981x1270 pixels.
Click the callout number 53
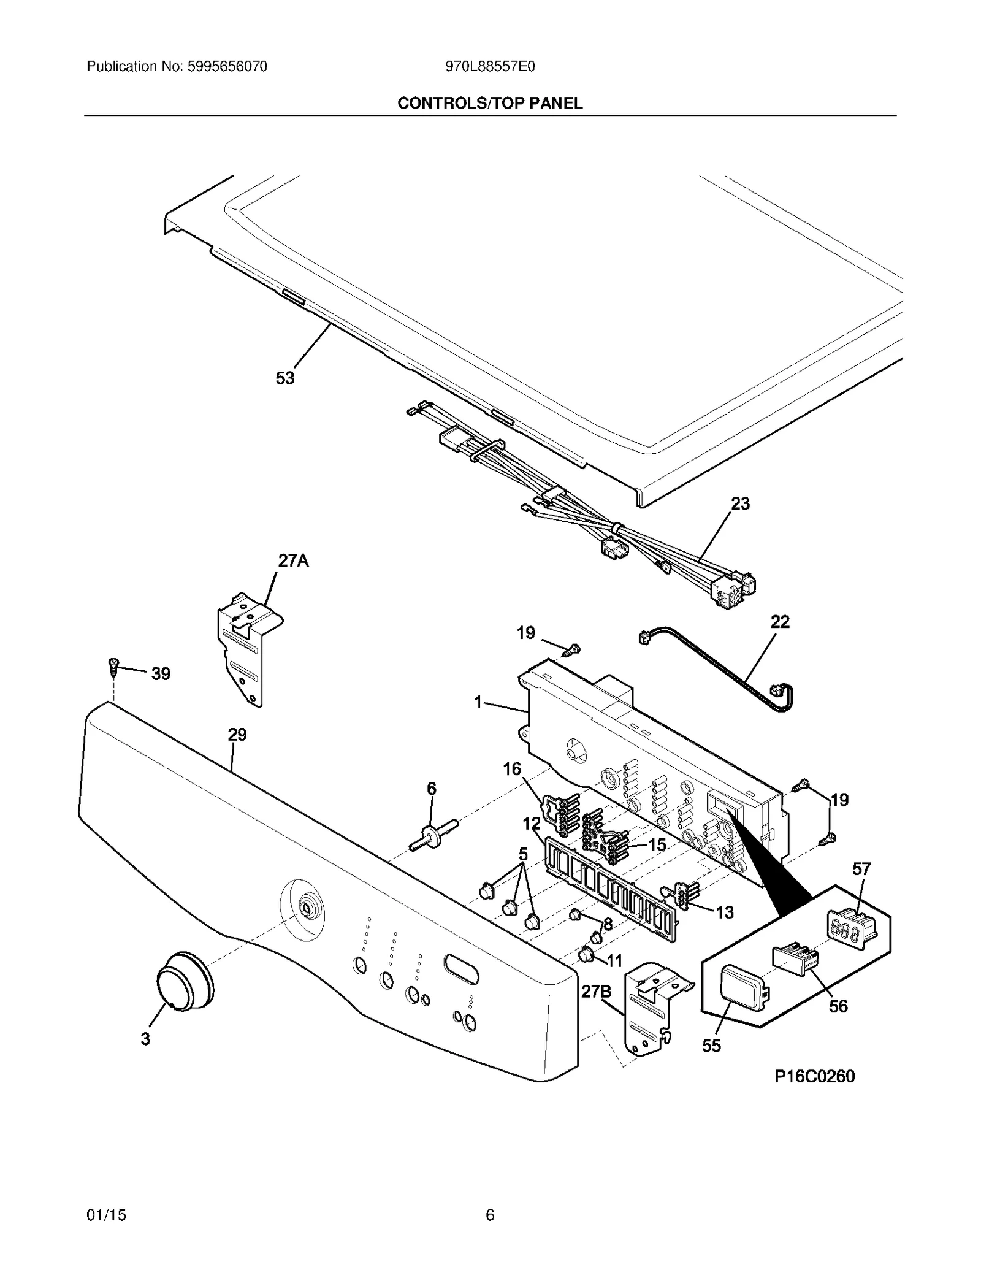click(284, 378)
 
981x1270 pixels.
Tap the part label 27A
click(293, 560)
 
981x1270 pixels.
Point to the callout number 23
click(740, 503)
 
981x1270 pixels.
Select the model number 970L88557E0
click(490, 67)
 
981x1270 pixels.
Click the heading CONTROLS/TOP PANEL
click(490, 103)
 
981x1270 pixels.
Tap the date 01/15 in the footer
click(107, 1215)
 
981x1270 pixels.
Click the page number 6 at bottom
click(489, 1215)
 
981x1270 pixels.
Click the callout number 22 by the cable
click(780, 621)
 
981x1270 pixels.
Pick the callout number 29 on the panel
click(237, 734)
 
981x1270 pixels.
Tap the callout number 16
click(512, 768)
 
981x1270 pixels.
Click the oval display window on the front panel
click(462, 966)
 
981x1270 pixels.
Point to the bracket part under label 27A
click(248, 650)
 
